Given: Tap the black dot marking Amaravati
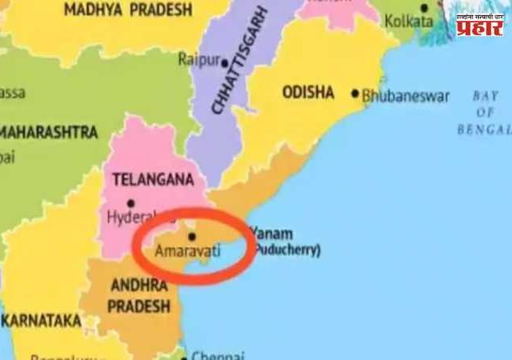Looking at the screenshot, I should (x=191, y=237).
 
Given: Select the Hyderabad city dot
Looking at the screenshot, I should (x=130, y=203).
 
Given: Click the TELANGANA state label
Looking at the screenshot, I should (x=143, y=180).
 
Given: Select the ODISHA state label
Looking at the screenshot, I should (x=308, y=92).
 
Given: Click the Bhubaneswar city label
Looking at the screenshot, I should (x=406, y=96).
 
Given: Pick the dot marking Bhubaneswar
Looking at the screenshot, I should (x=356, y=94).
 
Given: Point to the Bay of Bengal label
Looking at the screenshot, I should (x=484, y=112).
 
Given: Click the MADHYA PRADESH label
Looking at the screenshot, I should (x=128, y=10).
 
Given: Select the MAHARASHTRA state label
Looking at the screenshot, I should (x=48, y=131).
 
